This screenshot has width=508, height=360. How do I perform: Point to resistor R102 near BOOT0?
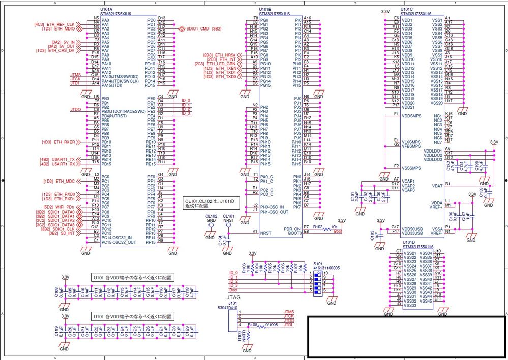(x=318, y=227)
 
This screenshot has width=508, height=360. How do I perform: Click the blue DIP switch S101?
(x=319, y=281)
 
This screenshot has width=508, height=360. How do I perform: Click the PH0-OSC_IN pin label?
(x=272, y=206)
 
